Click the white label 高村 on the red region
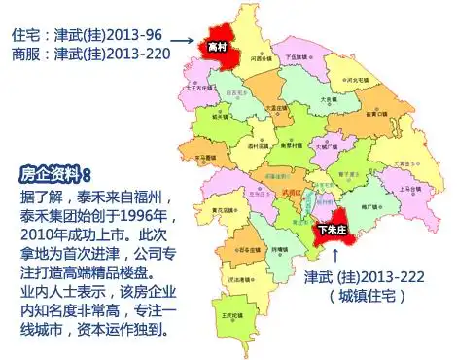point(218,46)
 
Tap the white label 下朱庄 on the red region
point(334,231)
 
